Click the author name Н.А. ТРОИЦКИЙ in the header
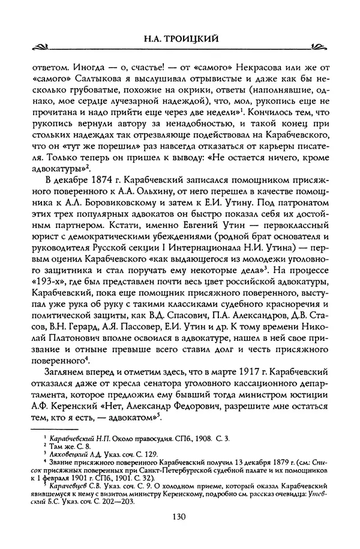click(x=180, y=40)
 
